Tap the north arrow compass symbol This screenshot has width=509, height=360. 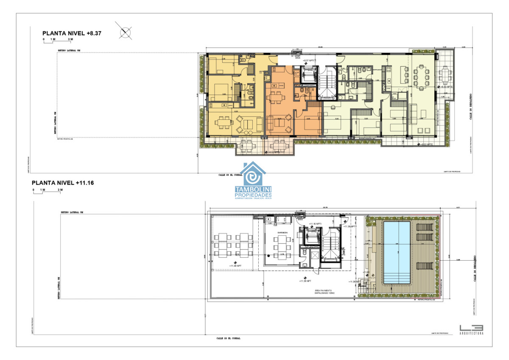[126, 32]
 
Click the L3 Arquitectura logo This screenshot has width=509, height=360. [471, 329]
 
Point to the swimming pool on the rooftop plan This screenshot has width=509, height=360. [397, 252]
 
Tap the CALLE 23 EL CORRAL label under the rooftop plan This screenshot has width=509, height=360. [228, 338]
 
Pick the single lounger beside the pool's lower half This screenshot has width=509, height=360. [424, 266]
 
